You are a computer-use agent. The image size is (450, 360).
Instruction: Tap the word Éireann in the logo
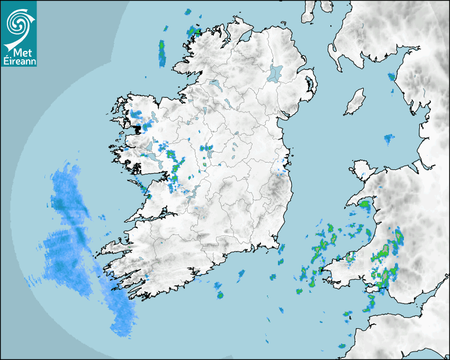tap(19, 61)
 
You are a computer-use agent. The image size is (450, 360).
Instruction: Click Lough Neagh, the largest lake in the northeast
tap(275, 73)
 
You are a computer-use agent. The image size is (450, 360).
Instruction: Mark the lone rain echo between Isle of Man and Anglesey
tap(389, 140)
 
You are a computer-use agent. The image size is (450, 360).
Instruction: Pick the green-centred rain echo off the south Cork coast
tap(220, 295)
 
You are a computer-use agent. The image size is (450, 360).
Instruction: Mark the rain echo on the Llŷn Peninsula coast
tap(365, 204)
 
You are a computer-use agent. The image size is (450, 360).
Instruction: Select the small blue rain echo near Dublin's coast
tap(281, 170)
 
